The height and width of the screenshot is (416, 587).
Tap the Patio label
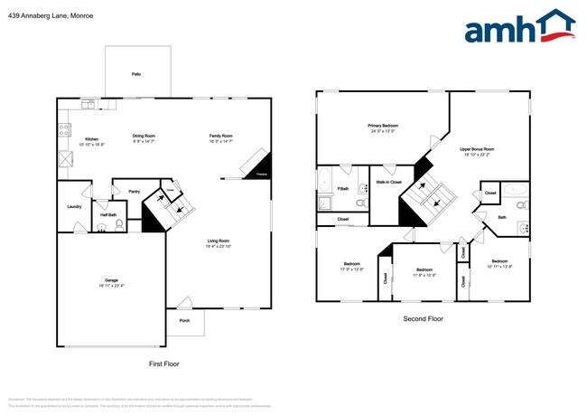(135, 74)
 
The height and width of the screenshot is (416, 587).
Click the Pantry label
(134, 192)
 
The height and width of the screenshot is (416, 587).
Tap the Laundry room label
(74, 206)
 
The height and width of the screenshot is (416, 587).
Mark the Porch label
(184, 320)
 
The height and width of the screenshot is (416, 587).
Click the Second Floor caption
(423, 318)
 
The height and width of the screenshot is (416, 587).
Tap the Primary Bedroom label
(383, 126)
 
